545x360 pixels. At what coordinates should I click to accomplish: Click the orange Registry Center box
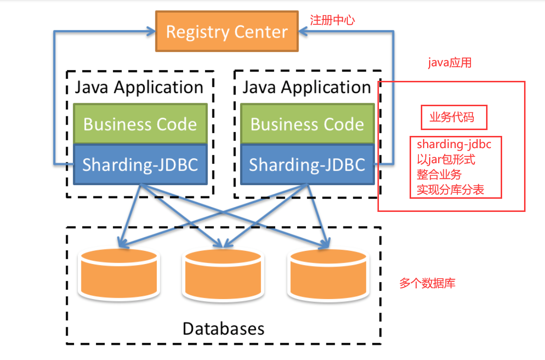coord(226,32)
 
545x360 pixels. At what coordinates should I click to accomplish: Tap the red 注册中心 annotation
coord(332,20)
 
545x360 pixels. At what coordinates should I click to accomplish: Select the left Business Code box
coord(140,124)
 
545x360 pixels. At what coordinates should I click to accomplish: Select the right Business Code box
coord(307,124)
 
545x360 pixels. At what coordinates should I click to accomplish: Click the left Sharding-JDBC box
coord(140,165)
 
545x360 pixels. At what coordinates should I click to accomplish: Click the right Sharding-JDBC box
coord(307,165)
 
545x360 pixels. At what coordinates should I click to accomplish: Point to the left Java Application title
coord(139,88)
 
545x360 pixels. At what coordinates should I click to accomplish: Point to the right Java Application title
coord(306,88)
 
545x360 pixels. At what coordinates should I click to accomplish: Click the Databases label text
coord(223,328)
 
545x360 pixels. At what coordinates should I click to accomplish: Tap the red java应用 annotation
coord(449,63)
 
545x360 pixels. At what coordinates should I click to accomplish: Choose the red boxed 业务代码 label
coord(453,118)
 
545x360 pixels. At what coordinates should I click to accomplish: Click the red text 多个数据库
coord(427,284)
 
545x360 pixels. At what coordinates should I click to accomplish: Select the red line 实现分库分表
coord(450,189)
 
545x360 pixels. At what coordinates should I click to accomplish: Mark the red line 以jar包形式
coord(446,159)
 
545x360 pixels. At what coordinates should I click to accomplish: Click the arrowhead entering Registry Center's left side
coord(150,32)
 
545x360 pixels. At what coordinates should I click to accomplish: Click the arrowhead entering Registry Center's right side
coord(303,32)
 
